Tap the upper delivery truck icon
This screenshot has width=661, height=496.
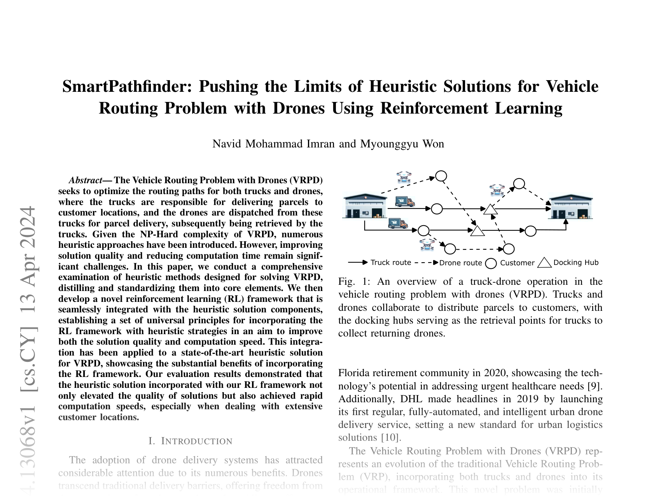[405, 202]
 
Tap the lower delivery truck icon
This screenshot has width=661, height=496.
[398, 223]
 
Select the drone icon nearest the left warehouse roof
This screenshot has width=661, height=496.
[404, 177]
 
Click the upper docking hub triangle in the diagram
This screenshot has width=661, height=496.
[490, 209]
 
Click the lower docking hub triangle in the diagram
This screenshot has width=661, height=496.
[477, 231]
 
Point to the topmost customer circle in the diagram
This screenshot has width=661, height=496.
[441, 176]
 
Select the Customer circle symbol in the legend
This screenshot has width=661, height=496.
[491, 263]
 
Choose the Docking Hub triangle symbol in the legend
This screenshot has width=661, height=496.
[544, 263]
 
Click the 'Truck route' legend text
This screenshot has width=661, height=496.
[391, 263]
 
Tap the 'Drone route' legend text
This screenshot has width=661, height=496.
[460, 263]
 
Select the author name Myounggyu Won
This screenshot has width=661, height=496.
[402, 144]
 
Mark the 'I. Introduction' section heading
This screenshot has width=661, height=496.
[191, 441]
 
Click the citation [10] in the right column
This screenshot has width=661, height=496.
[390, 438]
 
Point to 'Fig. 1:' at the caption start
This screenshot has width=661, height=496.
[352, 282]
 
